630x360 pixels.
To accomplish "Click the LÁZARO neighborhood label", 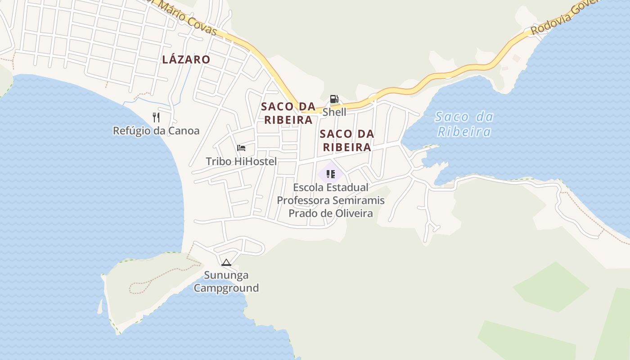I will click(x=186, y=59).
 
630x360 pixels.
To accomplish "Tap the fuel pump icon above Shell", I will click(x=334, y=99).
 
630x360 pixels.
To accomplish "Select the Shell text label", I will click(x=334, y=112).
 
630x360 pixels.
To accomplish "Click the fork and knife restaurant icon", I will click(x=156, y=117).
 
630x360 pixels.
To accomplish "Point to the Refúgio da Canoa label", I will click(x=156, y=131).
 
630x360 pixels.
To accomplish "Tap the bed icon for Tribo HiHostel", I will click(x=241, y=148).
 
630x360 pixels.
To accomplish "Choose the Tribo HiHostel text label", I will click(x=241, y=161).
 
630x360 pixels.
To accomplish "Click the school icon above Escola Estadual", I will click(x=331, y=174).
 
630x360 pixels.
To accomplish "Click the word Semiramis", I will click(x=358, y=200).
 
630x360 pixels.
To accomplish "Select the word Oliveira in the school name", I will click(x=352, y=213).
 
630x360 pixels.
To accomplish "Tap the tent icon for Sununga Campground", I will click(x=226, y=262).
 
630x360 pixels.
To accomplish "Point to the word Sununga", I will click(x=226, y=275).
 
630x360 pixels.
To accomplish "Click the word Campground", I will click(x=226, y=288).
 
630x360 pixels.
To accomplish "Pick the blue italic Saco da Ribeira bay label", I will click(x=464, y=124).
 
